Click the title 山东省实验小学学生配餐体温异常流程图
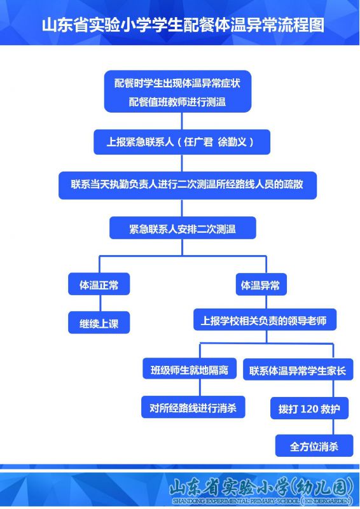pos(183,25)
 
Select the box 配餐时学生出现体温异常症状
pos(177,92)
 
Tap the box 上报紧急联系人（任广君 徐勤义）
pos(182,142)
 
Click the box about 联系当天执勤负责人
pos(187,185)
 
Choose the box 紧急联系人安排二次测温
pos(183,228)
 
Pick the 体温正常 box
pos(99,284)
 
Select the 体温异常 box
pos(261,284)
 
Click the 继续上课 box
pos(99,323)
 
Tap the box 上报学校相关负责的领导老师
pos(265,320)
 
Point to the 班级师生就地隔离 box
pos(190,370)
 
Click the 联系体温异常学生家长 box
pos(298,370)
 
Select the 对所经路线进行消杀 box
pos(193,407)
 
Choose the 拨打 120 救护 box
pos(309,408)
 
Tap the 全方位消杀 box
pos(314,446)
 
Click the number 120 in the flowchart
pos(308,408)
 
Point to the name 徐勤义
pos(232,142)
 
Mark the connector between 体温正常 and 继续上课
pos(100,303)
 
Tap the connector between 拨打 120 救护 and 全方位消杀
pos(333,426)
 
